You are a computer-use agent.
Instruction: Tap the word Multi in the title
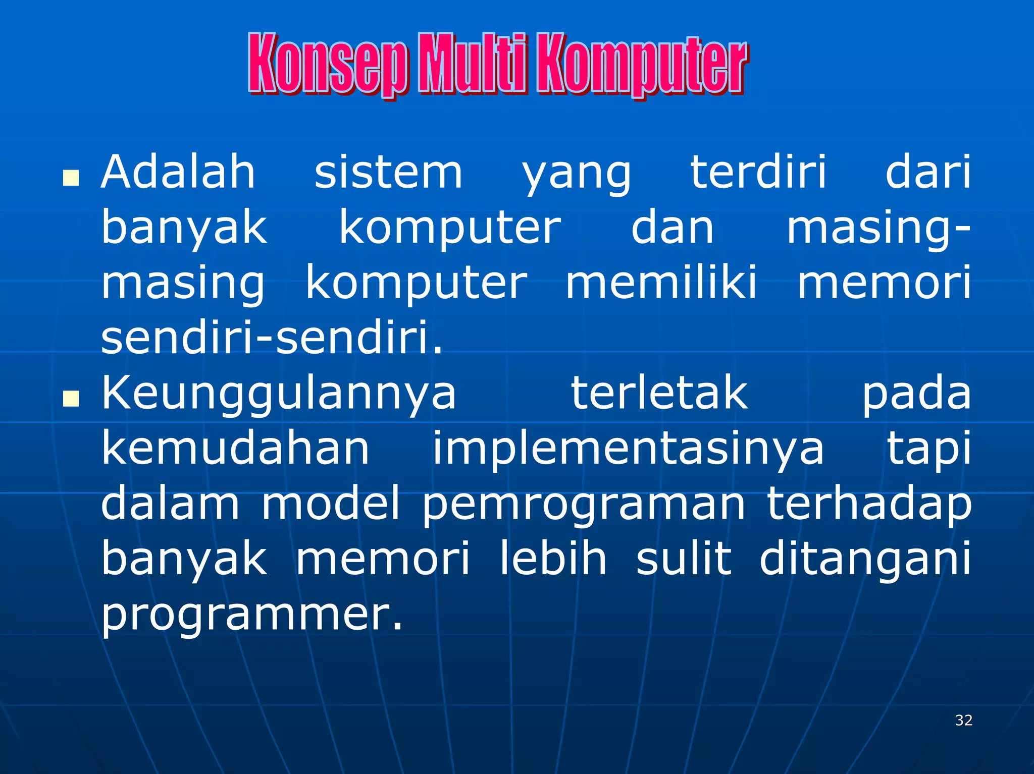(474, 64)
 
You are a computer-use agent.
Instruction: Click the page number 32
(964, 720)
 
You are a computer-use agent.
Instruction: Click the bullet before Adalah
(71, 178)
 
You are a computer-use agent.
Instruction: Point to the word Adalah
(178, 173)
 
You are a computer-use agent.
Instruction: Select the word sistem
(388, 173)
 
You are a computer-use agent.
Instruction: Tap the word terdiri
(758, 173)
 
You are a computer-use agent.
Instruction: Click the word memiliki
(661, 283)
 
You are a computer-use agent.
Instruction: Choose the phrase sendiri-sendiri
(272, 338)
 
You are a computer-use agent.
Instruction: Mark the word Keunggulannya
(279, 394)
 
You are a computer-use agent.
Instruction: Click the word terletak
(659, 394)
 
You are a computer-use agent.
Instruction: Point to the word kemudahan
(235, 449)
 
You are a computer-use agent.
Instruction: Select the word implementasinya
(628, 449)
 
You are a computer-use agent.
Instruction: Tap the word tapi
(929, 449)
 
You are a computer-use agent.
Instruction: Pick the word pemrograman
(584, 505)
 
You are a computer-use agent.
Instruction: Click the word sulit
(683, 559)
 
